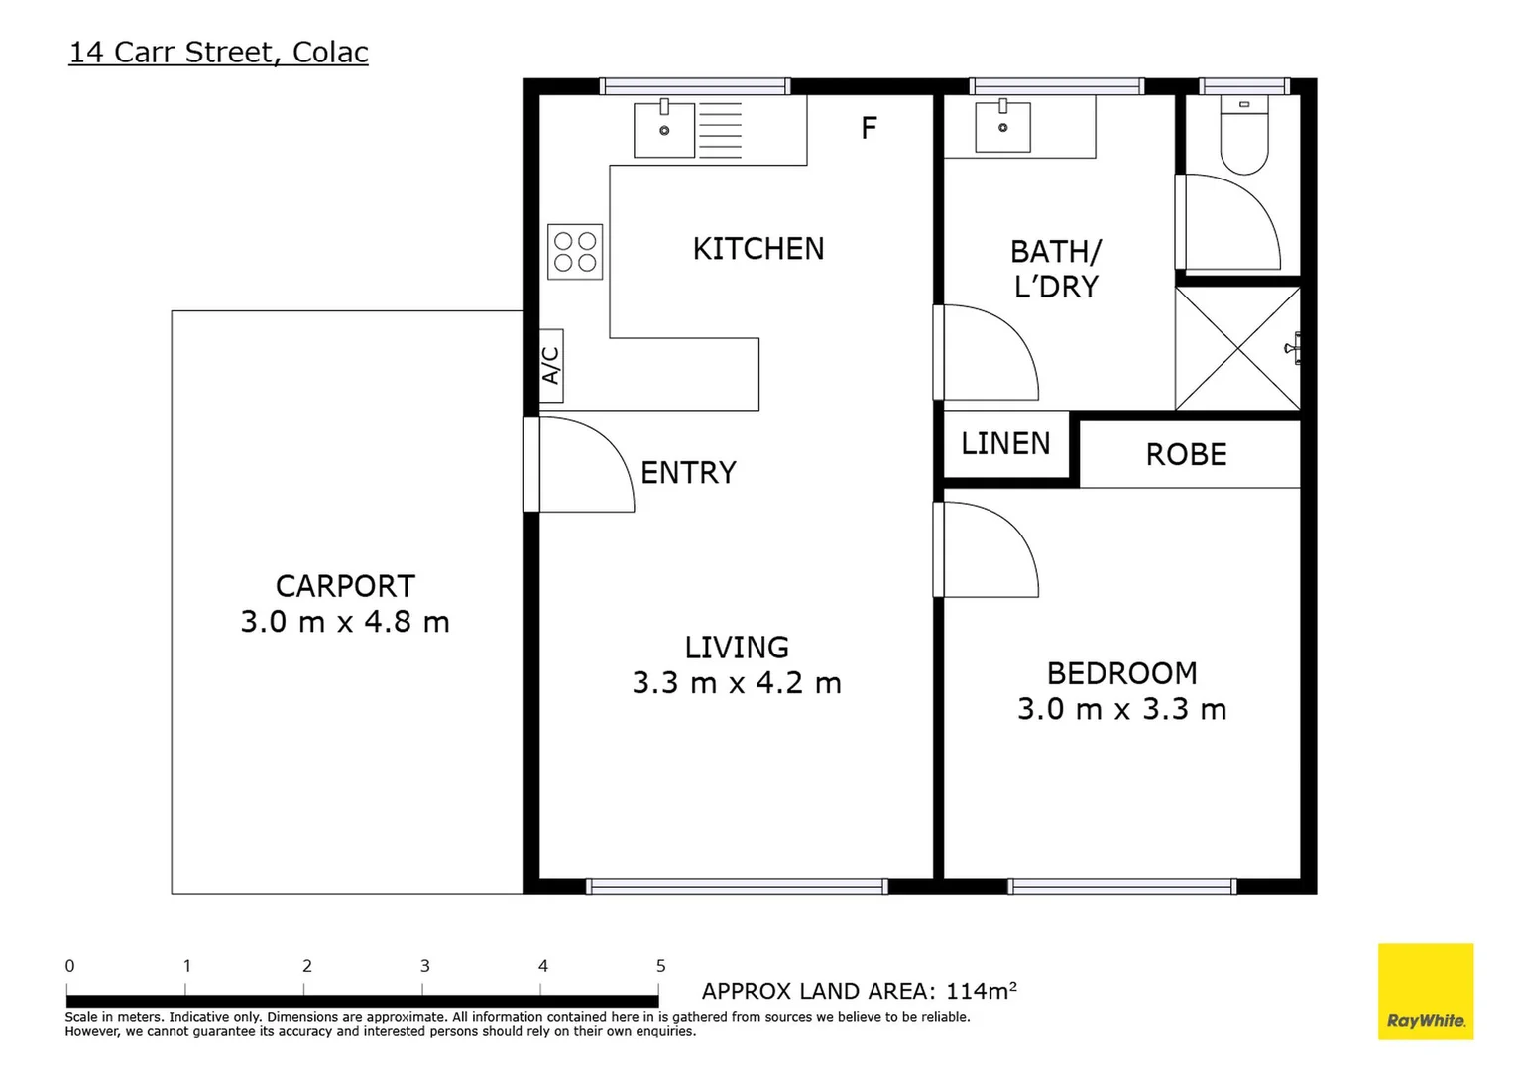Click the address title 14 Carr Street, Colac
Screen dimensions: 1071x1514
pos(218,52)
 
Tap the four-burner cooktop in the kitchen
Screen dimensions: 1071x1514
pos(575,252)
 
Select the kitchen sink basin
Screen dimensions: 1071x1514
pos(664,129)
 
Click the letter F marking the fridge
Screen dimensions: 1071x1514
pos(869,128)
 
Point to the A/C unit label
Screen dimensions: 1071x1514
pos(551,366)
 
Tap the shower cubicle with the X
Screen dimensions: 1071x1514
pos(1237,348)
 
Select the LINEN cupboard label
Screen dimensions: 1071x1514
pos(1005,443)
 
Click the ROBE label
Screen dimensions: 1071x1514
pos(1186,454)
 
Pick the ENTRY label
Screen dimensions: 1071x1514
pos(688,473)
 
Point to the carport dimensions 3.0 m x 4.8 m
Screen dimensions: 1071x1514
pos(345,622)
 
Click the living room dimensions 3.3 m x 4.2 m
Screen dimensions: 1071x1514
pos(737,683)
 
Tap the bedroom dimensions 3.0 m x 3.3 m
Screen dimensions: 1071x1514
pos(1121,709)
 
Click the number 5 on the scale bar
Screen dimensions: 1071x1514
pos(660,966)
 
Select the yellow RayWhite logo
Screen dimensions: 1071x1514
pos(1425,992)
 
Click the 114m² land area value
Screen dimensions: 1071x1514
pos(981,991)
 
